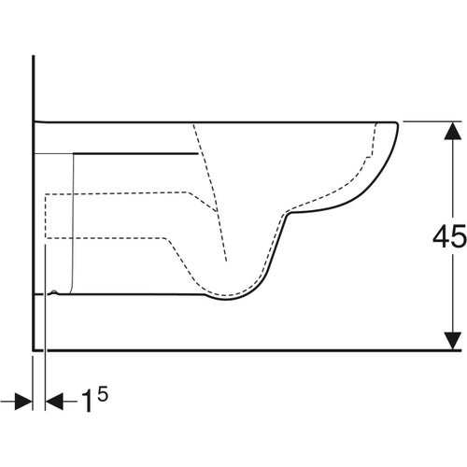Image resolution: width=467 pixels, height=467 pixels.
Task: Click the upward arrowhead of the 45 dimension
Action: pos(449,129)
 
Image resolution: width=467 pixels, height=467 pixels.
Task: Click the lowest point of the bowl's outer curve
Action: pos(224,301)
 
